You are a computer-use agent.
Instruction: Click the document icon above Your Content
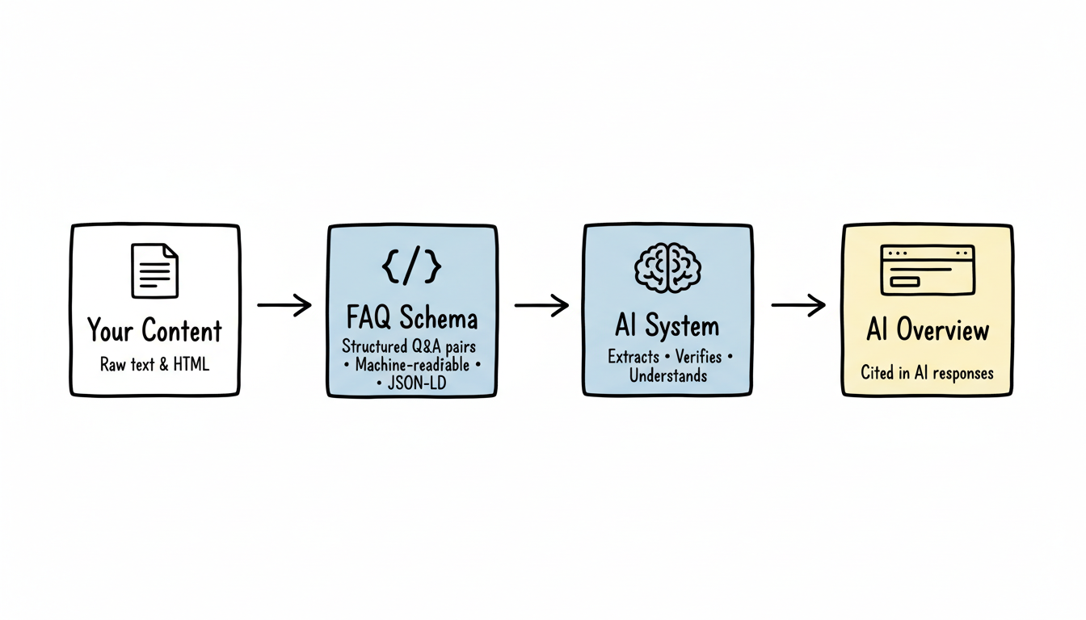(154, 270)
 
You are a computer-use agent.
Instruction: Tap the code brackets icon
(411, 267)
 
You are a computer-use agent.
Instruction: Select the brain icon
(667, 266)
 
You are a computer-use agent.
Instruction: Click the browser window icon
(928, 270)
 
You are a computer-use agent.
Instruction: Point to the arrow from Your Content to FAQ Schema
(284, 305)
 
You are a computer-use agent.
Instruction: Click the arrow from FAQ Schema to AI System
(541, 305)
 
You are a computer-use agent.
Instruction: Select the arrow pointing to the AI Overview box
(798, 305)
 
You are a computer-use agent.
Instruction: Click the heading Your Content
(154, 331)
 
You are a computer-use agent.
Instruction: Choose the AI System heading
(667, 327)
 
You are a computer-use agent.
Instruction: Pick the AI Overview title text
(928, 330)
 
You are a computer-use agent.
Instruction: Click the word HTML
(191, 364)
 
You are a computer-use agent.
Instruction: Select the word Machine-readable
(412, 365)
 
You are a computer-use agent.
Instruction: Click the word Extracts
(633, 357)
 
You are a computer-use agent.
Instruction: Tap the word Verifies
(698, 357)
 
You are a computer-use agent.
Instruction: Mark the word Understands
(667, 375)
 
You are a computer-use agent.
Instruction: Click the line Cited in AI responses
(927, 373)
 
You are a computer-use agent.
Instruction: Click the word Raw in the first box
(114, 364)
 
